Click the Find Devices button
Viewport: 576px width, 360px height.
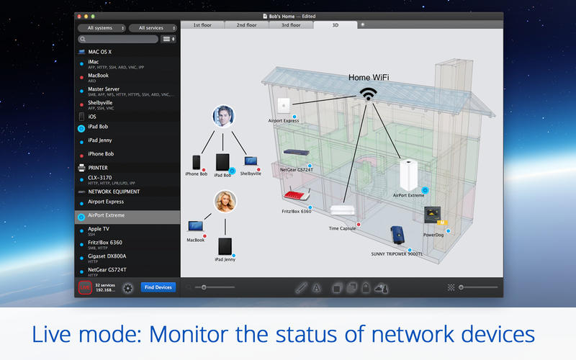[158, 287]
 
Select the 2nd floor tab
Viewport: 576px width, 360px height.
[246, 24]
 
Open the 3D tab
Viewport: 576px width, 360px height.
[335, 24]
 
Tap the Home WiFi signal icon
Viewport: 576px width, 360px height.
[369, 94]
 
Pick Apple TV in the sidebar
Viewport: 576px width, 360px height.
[100, 229]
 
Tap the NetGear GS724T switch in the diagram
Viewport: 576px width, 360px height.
[296, 153]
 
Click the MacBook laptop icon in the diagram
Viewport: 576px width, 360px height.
[196, 226]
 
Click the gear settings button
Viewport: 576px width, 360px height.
[128, 287]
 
